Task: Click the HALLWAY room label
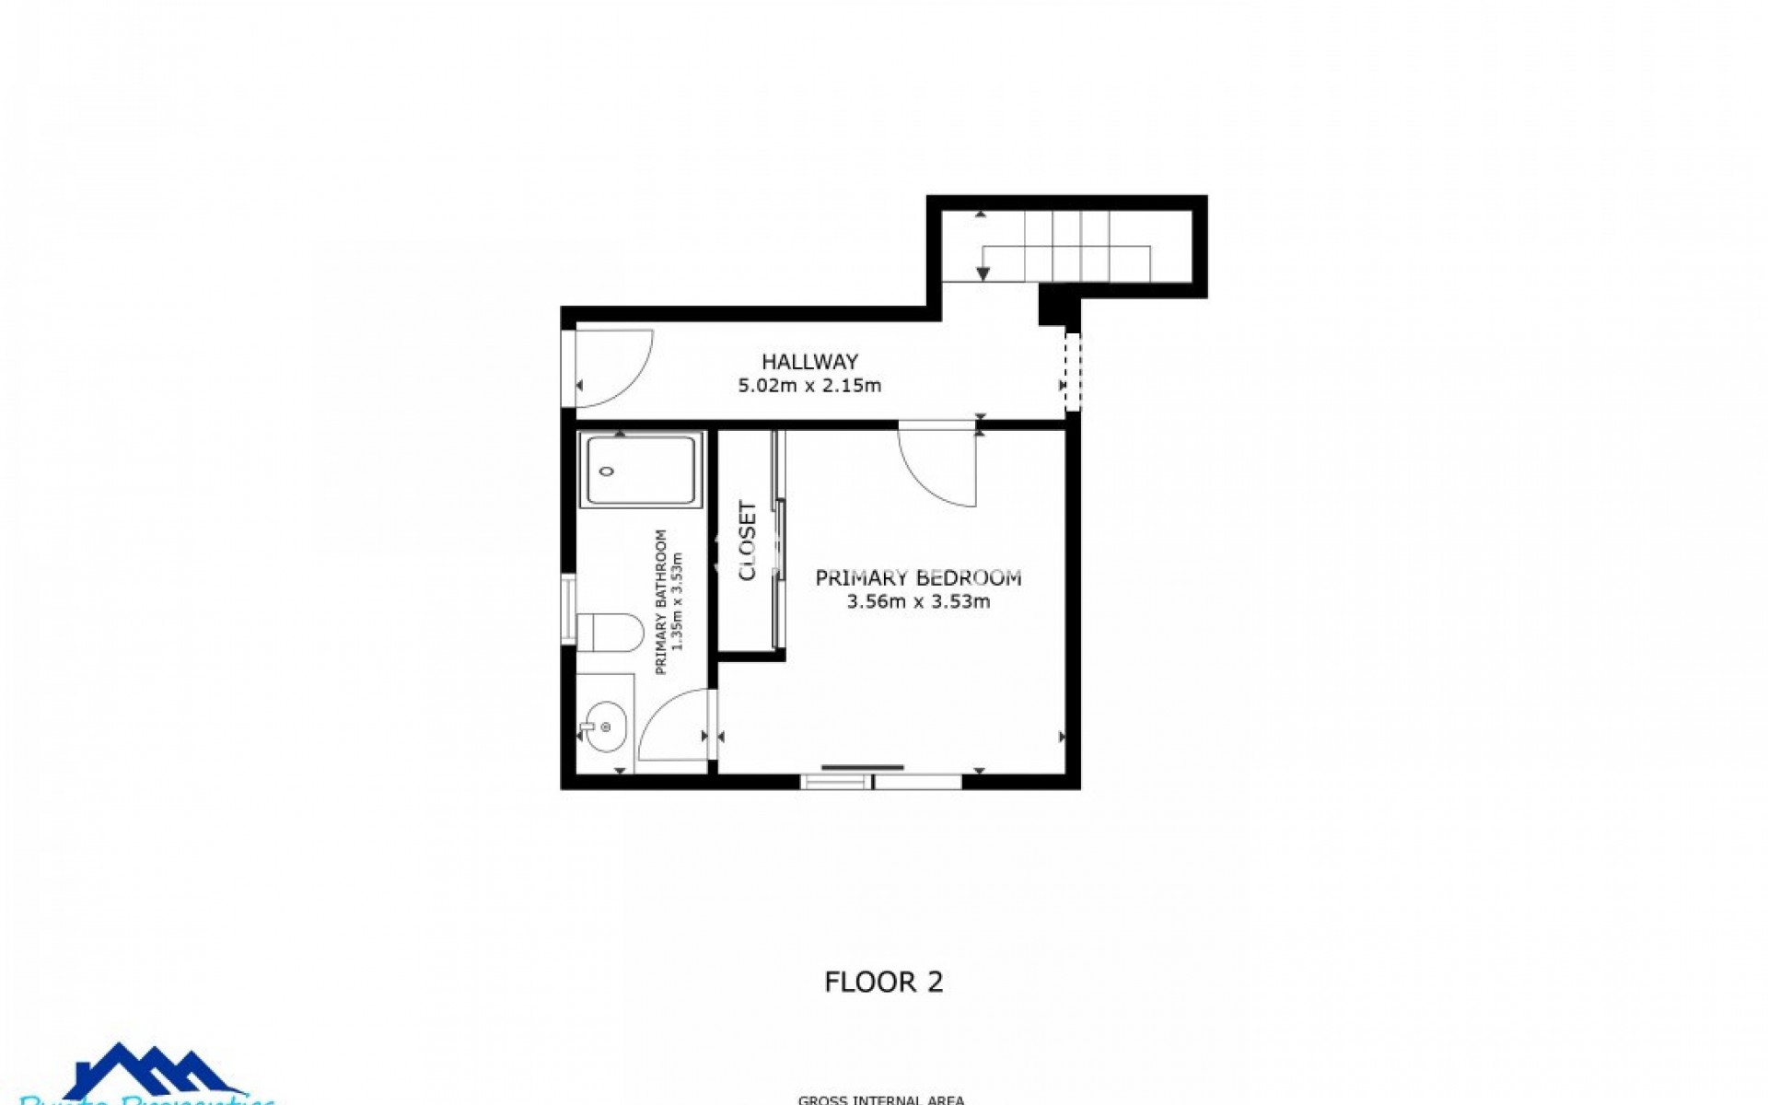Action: click(809, 361)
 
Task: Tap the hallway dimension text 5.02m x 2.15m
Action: click(809, 386)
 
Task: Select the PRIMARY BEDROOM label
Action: click(918, 577)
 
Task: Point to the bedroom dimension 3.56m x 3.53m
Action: click(918, 602)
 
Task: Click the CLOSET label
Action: click(748, 541)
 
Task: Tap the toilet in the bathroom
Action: click(609, 632)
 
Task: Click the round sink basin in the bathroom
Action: click(604, 727)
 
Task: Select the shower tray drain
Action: click(606, 471)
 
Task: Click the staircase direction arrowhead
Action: click(983, 273)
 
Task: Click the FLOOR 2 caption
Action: click(883, 982)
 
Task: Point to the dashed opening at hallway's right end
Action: click(1071, 372)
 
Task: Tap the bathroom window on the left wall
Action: click(568, 607)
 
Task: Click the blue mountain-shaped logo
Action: click(152, 1072)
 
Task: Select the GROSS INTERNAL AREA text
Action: click(880, 1099)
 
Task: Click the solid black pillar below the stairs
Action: click(1055, 303)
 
